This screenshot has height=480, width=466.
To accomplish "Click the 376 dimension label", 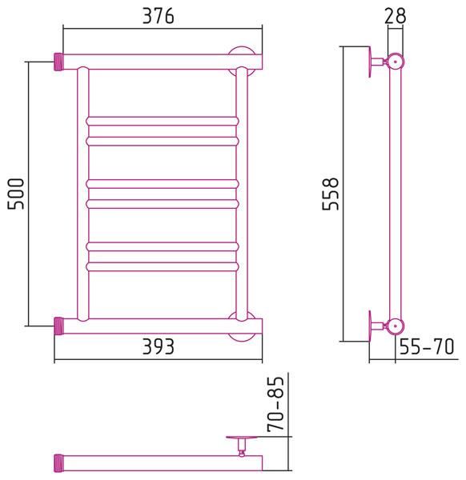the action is (x=158, y=16).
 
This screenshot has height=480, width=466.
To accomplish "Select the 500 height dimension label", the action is (x=16, y=194).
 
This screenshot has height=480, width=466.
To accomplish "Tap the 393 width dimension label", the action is (x=158, y=346).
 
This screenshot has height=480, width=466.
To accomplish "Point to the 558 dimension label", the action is (x=331, y=194).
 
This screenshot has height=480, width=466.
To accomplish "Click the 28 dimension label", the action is (x=395, y=16).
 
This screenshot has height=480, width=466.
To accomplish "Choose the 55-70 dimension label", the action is (x=427, y=346).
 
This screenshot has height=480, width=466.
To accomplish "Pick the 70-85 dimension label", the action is (x=275, y=404).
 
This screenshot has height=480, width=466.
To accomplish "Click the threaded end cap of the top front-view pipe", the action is (x=58, y=62).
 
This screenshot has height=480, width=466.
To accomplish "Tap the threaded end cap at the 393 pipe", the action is (x=58, y=326).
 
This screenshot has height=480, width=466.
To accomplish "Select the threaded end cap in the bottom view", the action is (x=58, y=463).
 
